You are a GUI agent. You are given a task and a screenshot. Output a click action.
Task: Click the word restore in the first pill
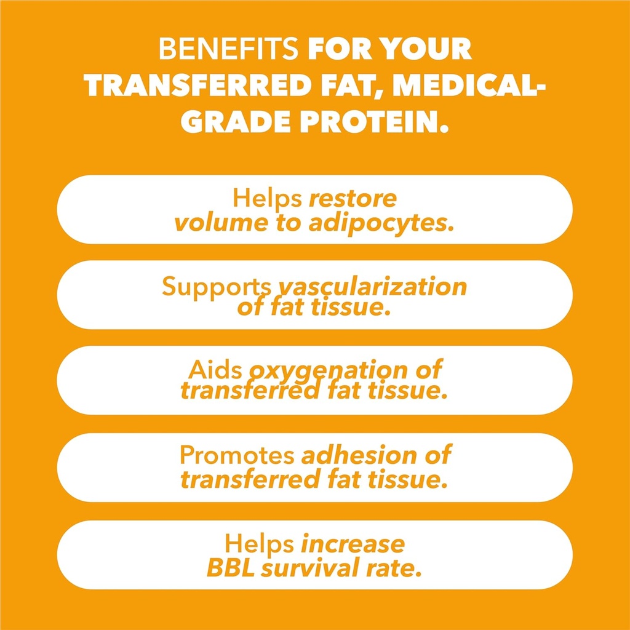[353, 199]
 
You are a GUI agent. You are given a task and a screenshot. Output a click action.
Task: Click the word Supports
[216, 286]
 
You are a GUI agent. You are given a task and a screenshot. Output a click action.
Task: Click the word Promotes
[237, 455]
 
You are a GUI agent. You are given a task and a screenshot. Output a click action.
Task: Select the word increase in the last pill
[353, 543]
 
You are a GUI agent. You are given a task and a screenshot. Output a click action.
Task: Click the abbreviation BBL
[230, 568]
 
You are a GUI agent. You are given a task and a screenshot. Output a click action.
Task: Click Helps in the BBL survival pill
[259, 543]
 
